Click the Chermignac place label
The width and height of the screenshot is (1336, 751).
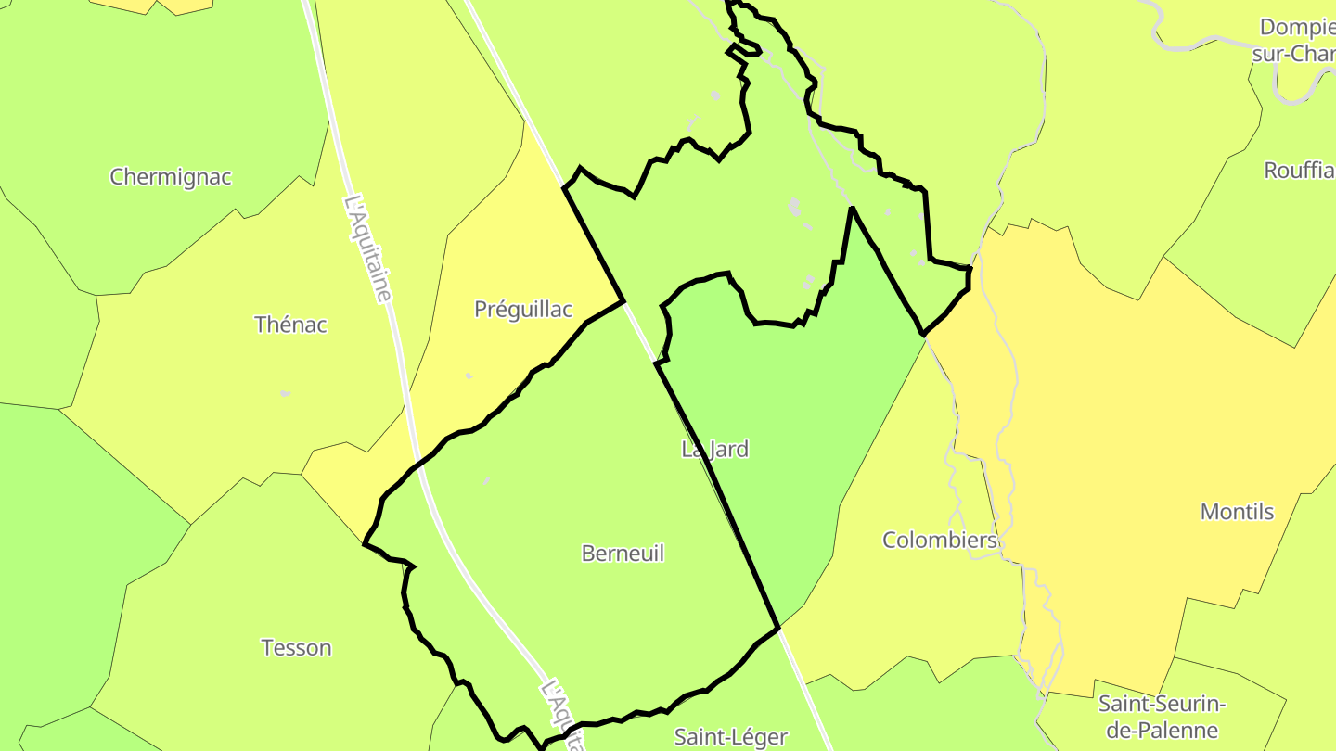coord(171,177)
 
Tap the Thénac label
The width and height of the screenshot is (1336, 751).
coord(290,325)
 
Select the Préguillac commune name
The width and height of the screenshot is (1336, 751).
coord(523,310)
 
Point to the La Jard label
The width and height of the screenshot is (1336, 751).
coord(714,450)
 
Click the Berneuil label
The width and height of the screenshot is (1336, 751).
coord(623,554)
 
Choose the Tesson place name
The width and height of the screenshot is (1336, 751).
coord(296,648)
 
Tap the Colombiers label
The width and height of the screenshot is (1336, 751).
coord(939,541)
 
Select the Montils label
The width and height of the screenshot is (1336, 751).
coord(1237,512)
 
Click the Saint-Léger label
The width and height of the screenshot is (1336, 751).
coord(730,737)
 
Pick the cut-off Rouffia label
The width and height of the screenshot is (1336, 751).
coord(1299,171)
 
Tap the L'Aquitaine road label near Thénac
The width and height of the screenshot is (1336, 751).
coord(368,248)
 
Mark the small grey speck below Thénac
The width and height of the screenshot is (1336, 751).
coord(285,394)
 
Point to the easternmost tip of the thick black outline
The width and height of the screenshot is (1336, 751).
coord(970,269)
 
